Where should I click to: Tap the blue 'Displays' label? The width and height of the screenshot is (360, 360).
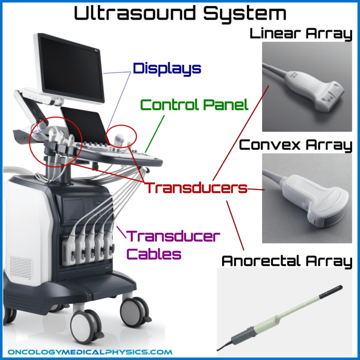pos(167,69)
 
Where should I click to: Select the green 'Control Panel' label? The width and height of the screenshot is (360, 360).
pos(194,105)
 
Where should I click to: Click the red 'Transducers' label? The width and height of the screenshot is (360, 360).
pos(195,188)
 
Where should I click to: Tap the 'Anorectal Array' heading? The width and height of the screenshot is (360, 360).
pos(286,261)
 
